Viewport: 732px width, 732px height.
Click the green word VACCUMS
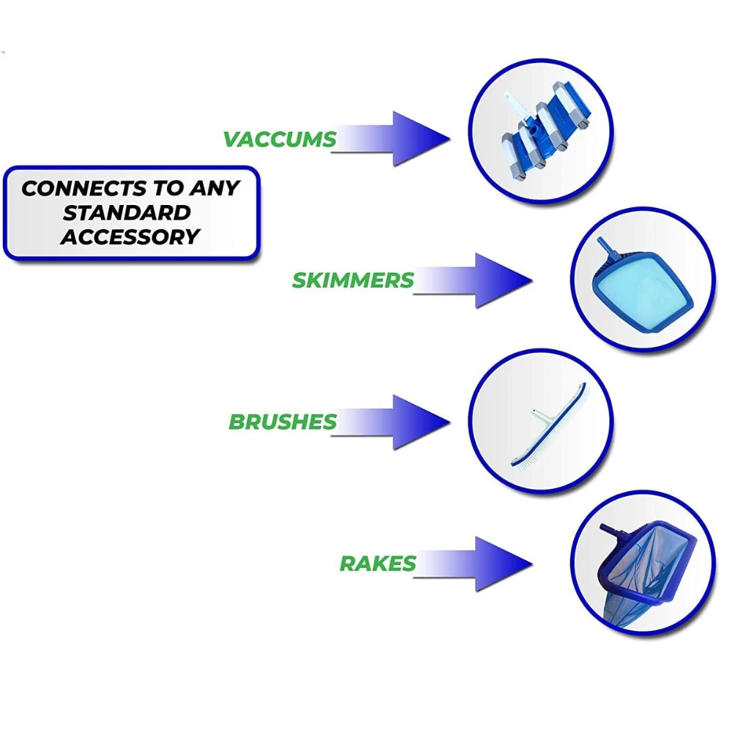[x=280, y=139]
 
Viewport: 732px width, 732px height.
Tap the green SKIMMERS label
[x=353, y=280]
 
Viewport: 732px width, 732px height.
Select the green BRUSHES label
[x=283, y=422]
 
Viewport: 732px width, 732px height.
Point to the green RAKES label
[x=378, y=564]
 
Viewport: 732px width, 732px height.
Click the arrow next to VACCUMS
[x=391, y=138]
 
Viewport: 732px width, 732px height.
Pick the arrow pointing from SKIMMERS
[x=473, y=280]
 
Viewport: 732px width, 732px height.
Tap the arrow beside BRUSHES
[x=391, y=422]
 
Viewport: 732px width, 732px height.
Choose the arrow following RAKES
[x=473, y=564]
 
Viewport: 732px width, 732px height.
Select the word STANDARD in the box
[x=127, y=213]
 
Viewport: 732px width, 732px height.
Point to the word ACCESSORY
[x=130, y=236]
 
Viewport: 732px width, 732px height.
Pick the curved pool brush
[x=549, y=426]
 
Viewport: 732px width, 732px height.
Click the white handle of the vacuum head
[x=518, y=108]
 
